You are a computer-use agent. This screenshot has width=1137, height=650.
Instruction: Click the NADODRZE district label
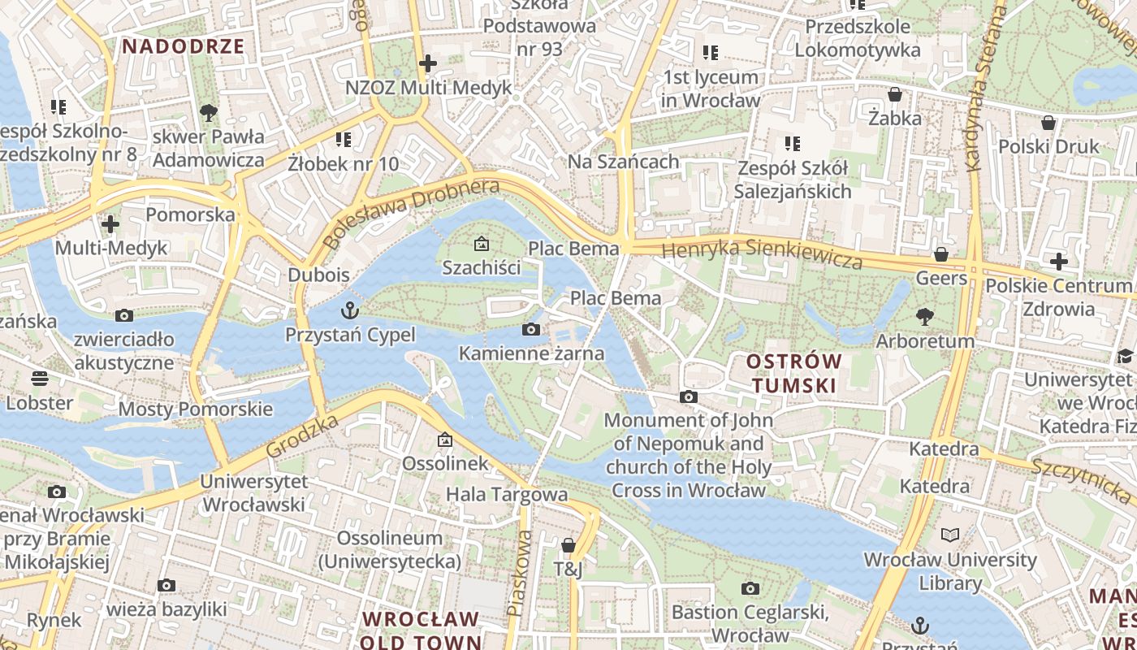(184, 46)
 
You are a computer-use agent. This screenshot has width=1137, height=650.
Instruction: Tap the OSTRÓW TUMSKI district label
(794, 373)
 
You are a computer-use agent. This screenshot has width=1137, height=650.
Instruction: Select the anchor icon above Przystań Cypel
(350, 310)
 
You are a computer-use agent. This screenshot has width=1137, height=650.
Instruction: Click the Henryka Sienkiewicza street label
(762, 253)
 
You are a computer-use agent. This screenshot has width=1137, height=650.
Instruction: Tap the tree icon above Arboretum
(924, 316)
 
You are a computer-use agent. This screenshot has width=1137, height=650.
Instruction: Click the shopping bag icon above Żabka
(895, 94)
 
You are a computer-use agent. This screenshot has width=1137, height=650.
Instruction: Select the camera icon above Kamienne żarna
(531, 329)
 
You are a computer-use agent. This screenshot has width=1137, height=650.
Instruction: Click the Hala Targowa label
(507, 494)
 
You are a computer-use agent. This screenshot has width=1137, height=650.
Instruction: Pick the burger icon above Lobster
(39, 378)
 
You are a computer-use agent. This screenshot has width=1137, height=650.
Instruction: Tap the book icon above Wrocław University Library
(950, 535)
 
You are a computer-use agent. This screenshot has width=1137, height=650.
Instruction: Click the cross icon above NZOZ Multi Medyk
(428, 63)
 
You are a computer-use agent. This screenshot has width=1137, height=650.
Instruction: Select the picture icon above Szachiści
(482, 243)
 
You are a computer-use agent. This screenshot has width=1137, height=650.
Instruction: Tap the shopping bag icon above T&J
(568, 545)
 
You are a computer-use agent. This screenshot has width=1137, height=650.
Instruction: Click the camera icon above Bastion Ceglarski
(750, 588)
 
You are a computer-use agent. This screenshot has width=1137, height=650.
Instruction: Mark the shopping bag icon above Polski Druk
(1048, 123)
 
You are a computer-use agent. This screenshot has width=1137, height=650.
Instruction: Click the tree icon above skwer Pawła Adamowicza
(209, 112)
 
